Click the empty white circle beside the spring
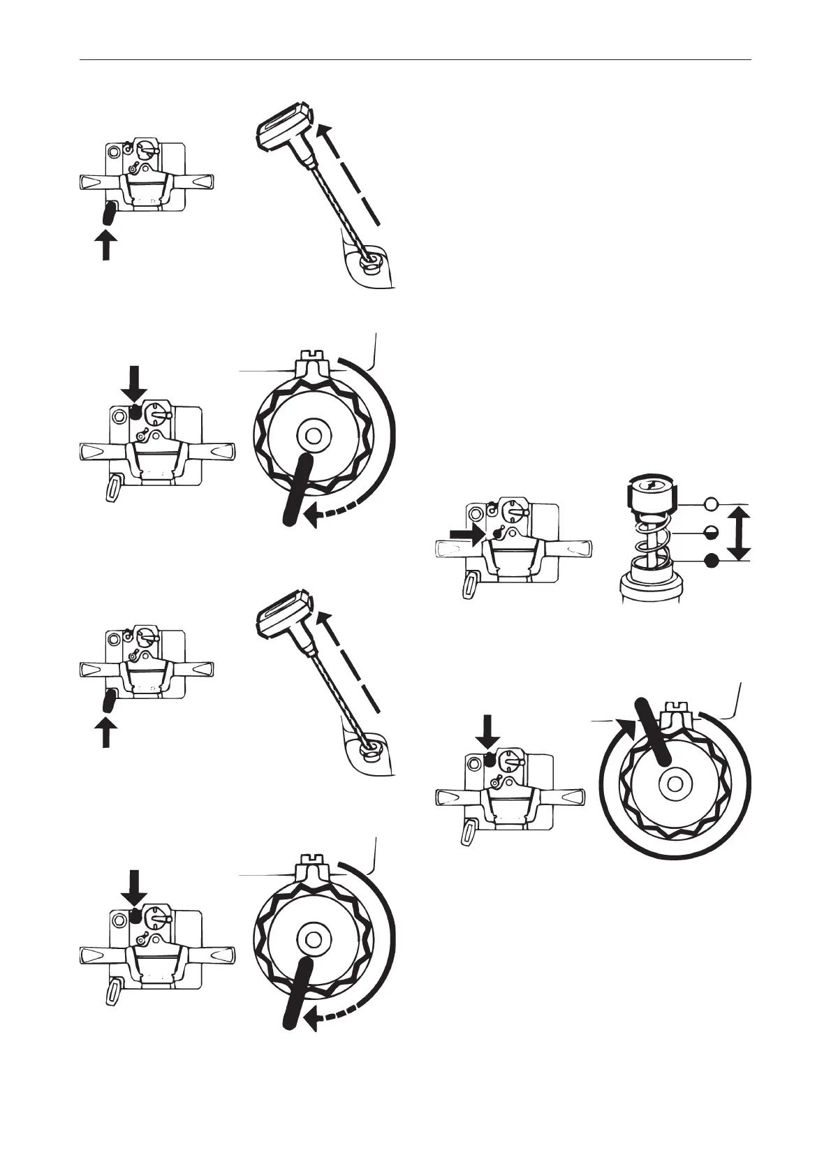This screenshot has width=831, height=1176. coord(711,504)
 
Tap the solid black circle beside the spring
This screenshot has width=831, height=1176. coord(711,561)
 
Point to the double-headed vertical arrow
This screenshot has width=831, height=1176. coord(739,534)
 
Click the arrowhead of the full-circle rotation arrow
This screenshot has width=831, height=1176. coord(626,728)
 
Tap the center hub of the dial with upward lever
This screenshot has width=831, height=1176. coord(675,784)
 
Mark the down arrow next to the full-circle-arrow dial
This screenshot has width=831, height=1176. coord(487,733)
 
